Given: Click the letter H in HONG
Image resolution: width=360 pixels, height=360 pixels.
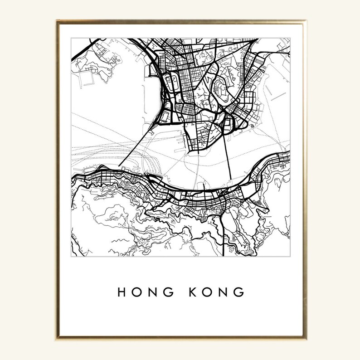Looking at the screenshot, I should click(x=122, y=292).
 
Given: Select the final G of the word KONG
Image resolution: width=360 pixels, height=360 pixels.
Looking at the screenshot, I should click(x=240, y=292).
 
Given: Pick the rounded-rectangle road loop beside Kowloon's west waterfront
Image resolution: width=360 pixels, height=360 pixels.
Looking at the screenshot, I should click(x=173, y=84).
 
